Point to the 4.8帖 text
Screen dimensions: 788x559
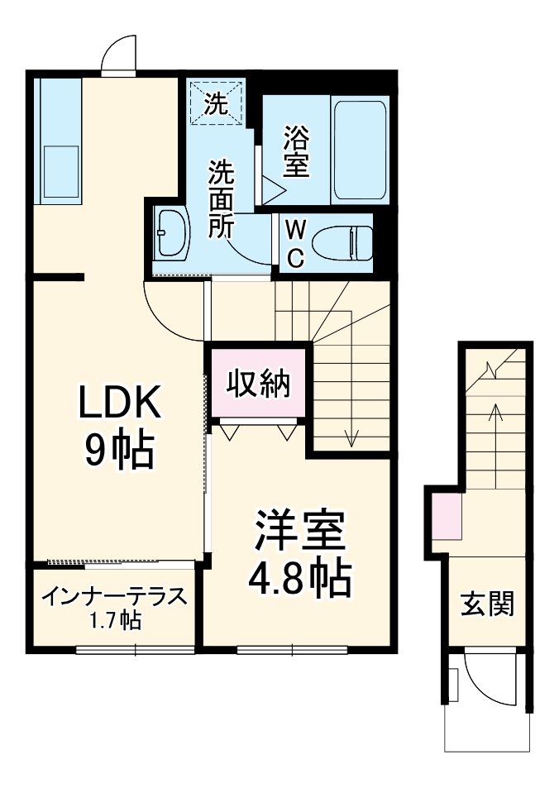pyautogui.click(x=299, y=578)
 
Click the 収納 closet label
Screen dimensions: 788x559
pyautogui.click(x=258, y=384)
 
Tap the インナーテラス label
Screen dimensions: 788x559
pyautogui.click(x=114, y=597)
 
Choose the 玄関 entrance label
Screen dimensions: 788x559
pyautogui.click(x=487, y=604)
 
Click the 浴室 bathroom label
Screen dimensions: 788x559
pyautogui.click(x=296, y=150)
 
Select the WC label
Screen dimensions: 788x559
pyautogui.click(x=295, y=242)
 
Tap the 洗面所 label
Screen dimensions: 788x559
pyautogui.click(x=221, y=198)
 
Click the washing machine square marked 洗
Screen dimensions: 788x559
pyautogui.click(x=216, y=104)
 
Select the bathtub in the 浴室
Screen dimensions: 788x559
pyautogui.click(x=360, y=150)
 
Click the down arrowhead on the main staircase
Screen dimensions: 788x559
pyautogui.click(x=351, y=440)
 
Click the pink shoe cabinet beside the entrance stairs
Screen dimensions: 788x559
pyautogui.click(x=447, y=516)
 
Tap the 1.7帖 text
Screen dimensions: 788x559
pyautogui.click(x=115, y=619)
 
